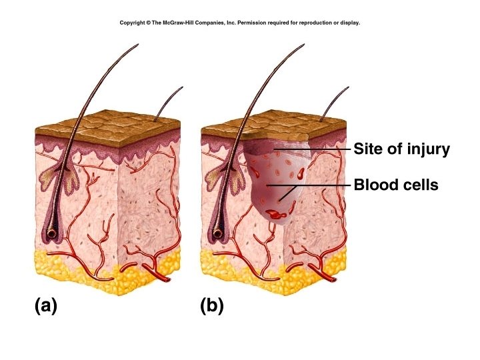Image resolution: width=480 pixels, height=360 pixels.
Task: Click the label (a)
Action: (x=46, y=306)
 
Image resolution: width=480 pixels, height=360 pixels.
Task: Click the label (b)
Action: (x=212, y=306)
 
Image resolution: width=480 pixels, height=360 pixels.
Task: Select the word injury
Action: (x=427, y=149)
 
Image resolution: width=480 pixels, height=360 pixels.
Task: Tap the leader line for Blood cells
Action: (x=313, y=185)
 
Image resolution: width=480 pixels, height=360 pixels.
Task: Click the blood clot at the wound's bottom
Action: (x=274, y=214)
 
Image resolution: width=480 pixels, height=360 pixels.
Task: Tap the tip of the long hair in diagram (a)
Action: (x=137, y=45)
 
